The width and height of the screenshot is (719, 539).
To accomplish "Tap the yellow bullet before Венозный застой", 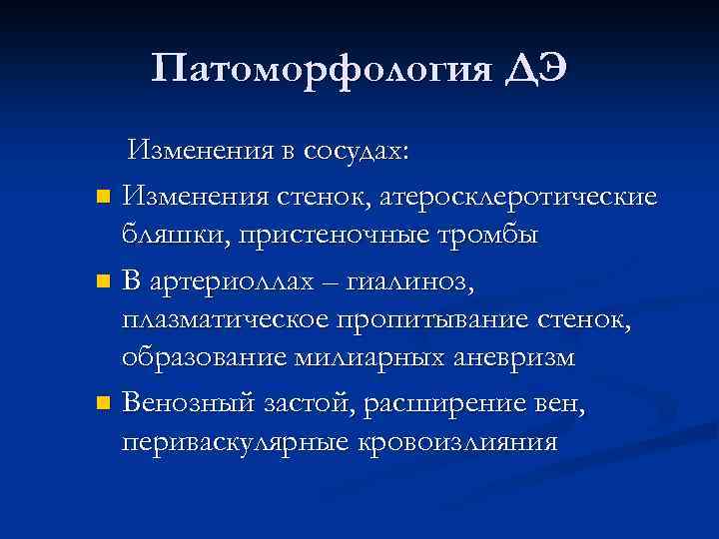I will tap(101, 404).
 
